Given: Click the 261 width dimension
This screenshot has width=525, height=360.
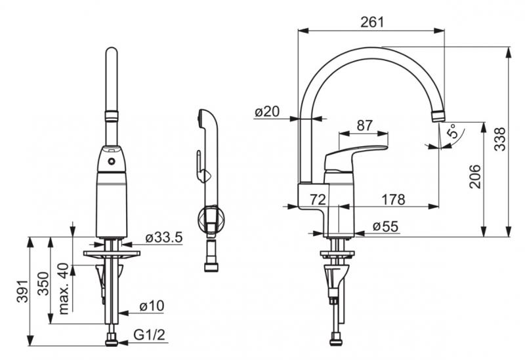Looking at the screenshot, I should pos(372,21).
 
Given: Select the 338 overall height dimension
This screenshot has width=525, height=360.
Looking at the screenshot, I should pos(500,140).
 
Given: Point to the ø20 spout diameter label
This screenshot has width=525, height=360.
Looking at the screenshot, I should pos(267,112).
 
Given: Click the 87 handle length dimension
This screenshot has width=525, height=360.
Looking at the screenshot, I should pos(364,125).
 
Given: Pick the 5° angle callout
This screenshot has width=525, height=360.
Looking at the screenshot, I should pos(452,132).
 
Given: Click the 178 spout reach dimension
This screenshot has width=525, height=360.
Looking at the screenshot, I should pos(392,199).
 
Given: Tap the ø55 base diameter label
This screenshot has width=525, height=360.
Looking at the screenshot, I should pos(385,227).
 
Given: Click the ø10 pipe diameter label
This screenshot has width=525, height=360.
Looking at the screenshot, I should pos(152,306).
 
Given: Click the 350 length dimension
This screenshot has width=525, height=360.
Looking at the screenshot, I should pos(43,283).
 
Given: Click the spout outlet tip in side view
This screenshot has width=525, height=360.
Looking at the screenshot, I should pos(438,116).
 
